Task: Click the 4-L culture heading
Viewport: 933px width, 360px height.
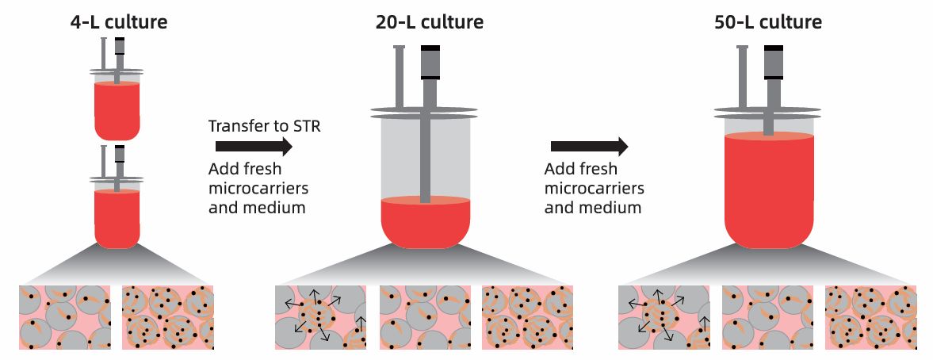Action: click(118, 21)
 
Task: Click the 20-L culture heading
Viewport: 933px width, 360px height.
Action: click(429, 21)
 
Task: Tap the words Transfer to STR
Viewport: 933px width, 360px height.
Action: click(264, 126)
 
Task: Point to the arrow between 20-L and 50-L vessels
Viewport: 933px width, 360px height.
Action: click(589, 147)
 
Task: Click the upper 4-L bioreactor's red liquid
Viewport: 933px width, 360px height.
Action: click(117, 109)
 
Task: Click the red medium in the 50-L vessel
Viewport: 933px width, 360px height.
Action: click(769, 190)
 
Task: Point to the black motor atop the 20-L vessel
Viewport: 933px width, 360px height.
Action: click(430, 63)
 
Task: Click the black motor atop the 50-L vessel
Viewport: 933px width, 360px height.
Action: click(774, 63)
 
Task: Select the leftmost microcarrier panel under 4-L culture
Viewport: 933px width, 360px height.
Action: click(64, 317)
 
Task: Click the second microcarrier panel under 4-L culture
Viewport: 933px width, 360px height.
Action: click(168, 317)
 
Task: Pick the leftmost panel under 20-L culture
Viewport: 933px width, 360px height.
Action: click(320, 317)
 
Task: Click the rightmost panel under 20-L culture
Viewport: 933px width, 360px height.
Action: click(528, 317)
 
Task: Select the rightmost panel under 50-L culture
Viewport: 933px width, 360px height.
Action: click(870, 317)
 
